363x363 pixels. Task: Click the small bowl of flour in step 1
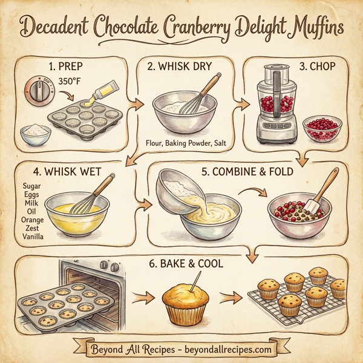[34, 134]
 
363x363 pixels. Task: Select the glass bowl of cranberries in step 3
[322, 129]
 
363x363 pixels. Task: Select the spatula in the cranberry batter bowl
[319, 195]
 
